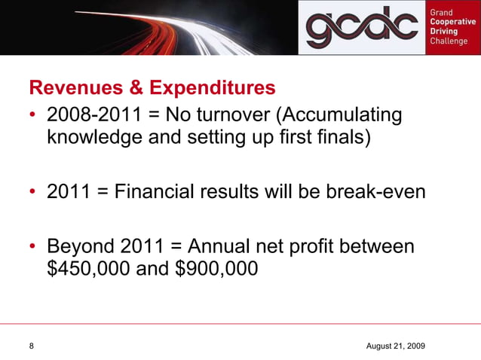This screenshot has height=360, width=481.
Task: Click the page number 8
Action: click(x=32, y=345)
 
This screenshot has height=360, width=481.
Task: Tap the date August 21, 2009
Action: click(x=395, y=345)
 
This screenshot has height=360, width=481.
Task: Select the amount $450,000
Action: click(x=88, y=268)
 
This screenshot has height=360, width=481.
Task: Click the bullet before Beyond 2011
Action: click(x=33, y=246)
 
